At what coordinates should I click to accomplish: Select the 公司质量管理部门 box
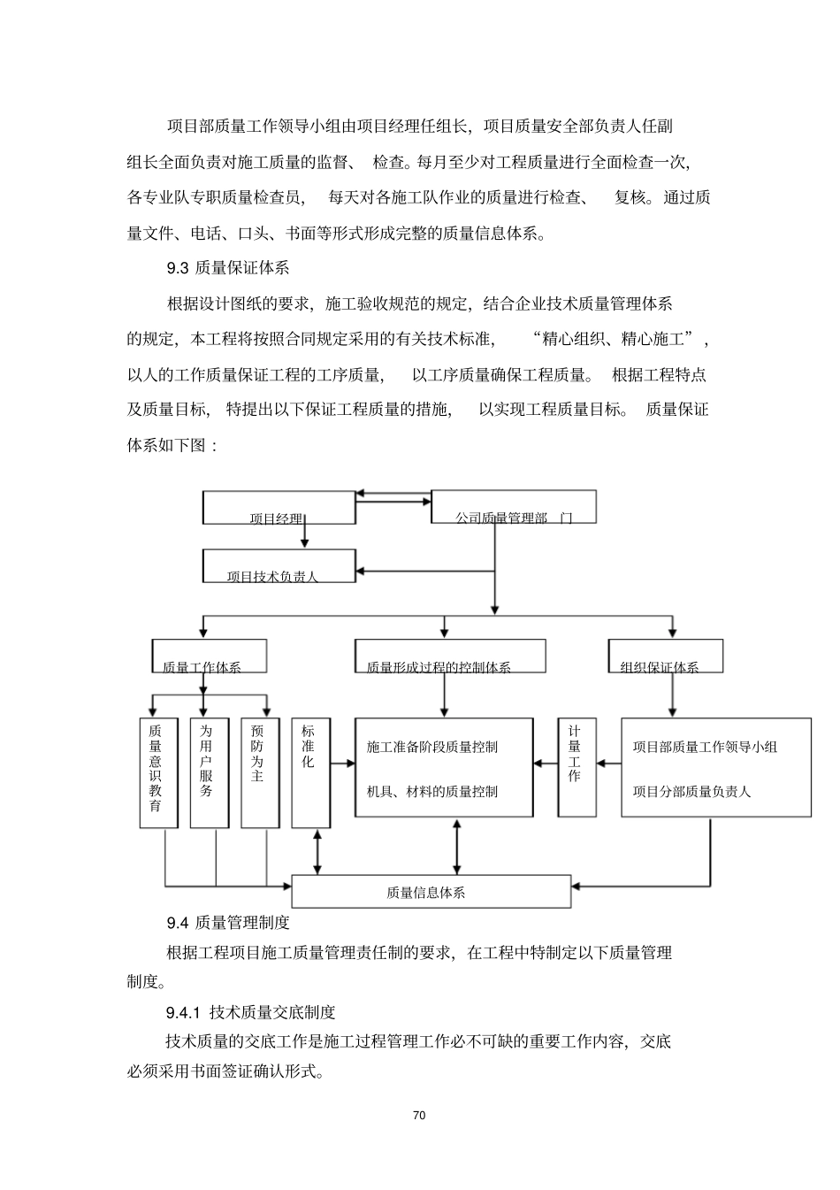513,507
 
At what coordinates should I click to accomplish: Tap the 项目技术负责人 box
279,566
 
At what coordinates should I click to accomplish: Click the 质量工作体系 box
210,656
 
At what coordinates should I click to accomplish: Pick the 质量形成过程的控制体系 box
449,656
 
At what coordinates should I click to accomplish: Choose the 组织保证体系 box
666,656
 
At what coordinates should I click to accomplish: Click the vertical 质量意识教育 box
156,772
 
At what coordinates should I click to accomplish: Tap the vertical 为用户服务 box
209,772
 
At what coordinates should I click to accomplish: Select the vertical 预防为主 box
260,772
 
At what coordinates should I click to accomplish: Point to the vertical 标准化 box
310,772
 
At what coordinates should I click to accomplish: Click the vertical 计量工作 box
576,767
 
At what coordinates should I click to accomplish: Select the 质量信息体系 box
431,892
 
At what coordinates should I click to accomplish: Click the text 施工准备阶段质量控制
431,747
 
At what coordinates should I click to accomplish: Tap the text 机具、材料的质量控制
431,792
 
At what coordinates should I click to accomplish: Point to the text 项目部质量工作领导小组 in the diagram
705,747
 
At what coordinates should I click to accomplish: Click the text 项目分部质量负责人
691,792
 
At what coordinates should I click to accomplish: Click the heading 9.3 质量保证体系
228,267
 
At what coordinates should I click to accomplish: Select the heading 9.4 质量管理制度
228,923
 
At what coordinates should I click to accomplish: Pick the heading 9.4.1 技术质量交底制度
250,1012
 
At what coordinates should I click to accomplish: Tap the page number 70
420,1115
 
